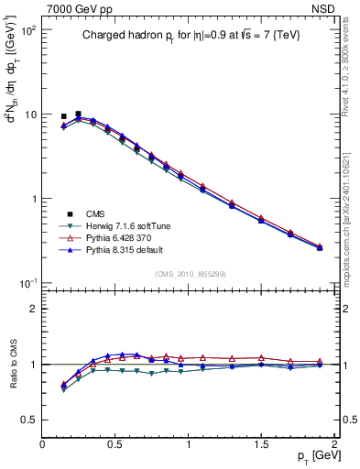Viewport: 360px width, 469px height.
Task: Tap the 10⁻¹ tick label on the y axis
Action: tap(27, 283)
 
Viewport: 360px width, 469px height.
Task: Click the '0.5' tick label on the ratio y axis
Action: tap(27, 420)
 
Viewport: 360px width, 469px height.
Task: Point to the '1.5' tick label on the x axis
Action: tap(261, 444)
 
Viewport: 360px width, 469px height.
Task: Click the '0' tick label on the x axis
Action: tap(42, 444)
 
